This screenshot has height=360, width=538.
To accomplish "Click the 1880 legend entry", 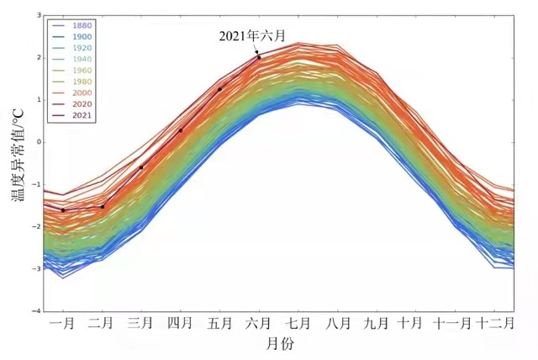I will (82, 25).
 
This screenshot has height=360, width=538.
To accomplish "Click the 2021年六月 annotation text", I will (252, 35).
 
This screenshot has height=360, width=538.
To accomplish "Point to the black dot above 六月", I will (259, 57).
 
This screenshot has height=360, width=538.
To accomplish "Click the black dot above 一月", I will (63, 210).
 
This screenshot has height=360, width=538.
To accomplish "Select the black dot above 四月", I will (181, 130).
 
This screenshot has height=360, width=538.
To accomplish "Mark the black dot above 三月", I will (140, 167).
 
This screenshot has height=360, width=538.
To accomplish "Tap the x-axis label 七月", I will (298, 323).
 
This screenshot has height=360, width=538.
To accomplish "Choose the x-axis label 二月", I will (102, 323).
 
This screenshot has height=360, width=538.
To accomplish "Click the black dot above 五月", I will (219, 89).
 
